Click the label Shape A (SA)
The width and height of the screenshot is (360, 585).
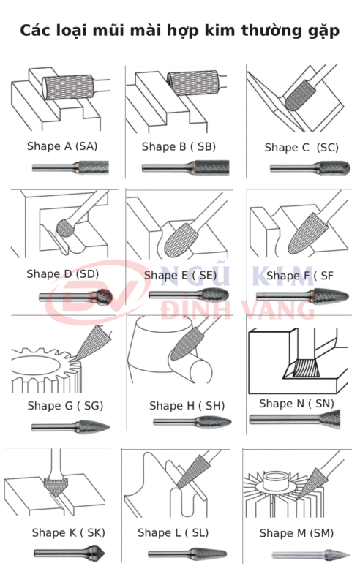[x=62, y=146]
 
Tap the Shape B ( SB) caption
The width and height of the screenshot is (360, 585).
[x=179, y=147]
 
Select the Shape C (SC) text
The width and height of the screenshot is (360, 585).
[x=301, y=148]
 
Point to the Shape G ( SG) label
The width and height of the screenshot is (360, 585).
[x=65, y=406]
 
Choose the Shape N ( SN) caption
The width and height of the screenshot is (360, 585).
[x=296, y=404]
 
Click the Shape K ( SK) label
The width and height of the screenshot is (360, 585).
[x=68, y=532]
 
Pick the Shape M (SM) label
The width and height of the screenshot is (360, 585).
[x=296, y=533]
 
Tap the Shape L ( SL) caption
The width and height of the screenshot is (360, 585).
[x=173, y=532]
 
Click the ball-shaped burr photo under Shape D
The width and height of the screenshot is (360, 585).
[x=75, y=297]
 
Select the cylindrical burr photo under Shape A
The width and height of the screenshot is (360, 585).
[x=70, y=167]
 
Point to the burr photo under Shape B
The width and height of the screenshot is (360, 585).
[x=185, y=167]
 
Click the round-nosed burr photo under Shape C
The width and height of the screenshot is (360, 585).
[x=310, y=168]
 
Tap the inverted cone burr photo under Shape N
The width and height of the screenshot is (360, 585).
[x=295, y=419]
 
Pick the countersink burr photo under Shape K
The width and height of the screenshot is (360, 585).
[x=70, y=553]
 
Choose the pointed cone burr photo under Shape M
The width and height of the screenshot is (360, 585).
[x=311, y=555]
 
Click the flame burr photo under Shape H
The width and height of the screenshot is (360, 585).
[x=192, y=422]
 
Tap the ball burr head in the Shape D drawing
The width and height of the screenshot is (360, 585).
[x=65, y=228]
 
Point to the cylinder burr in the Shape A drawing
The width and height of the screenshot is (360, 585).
[x=67, y=87]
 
